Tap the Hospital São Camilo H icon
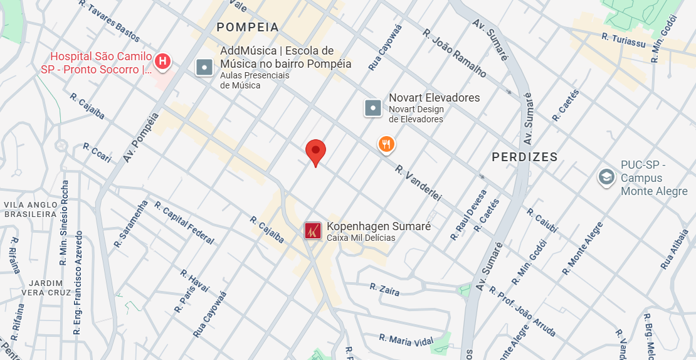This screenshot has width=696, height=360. pos(162,61)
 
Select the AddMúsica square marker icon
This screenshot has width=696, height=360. pos(205,66)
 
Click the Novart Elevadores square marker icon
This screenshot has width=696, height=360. pos(373,108)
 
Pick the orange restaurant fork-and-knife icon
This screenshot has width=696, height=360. pos(386,145)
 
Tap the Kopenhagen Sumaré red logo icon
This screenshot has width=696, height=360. pos(313,231)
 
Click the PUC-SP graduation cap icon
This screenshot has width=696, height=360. pos(606,177)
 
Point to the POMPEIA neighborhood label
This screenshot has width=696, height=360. pos(247,27)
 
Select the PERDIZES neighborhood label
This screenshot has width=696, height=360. pos(524,157)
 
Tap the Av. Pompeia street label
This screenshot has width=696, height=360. pos(141,137)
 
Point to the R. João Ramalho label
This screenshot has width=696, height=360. pos(455,53)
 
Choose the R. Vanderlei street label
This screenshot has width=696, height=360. pos(418,183)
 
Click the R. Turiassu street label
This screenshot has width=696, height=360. pos(623,40)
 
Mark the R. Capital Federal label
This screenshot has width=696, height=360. pos(184,223)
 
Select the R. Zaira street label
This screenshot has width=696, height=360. pos(384,289)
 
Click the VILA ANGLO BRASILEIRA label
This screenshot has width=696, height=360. pos(31,209)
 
